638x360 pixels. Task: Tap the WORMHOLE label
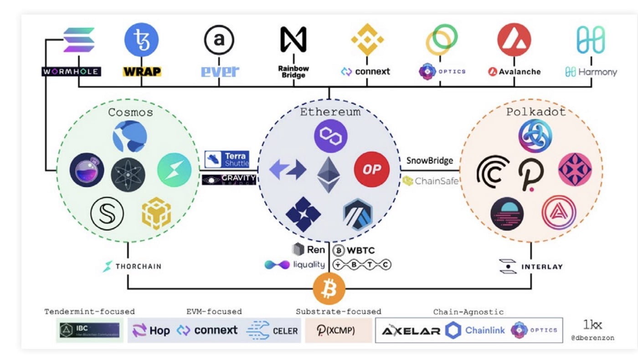click(72, 72)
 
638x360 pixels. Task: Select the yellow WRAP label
click(142, 72)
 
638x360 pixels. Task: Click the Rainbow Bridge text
click(293, 72)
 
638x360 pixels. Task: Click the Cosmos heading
click(130, 112)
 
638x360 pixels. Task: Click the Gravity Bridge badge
click(229, 180)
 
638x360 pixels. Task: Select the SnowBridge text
click(430, 160)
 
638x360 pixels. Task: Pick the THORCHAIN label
click(132, 266)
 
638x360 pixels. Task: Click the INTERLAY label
click(530, 266)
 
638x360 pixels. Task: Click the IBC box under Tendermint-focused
click(90, 330)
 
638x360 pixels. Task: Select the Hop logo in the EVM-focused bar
click(151, 330)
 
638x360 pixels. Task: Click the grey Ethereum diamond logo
click(329, 175)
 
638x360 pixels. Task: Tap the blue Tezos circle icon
click(141, 40)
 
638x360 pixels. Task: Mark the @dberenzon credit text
click(592, 338)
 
